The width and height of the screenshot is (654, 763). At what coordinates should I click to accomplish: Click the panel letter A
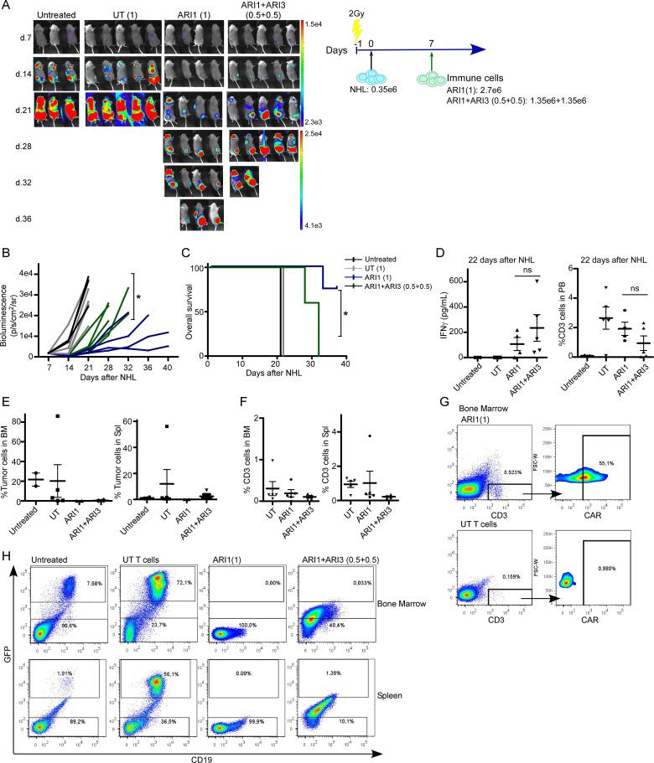coord(7,7)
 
